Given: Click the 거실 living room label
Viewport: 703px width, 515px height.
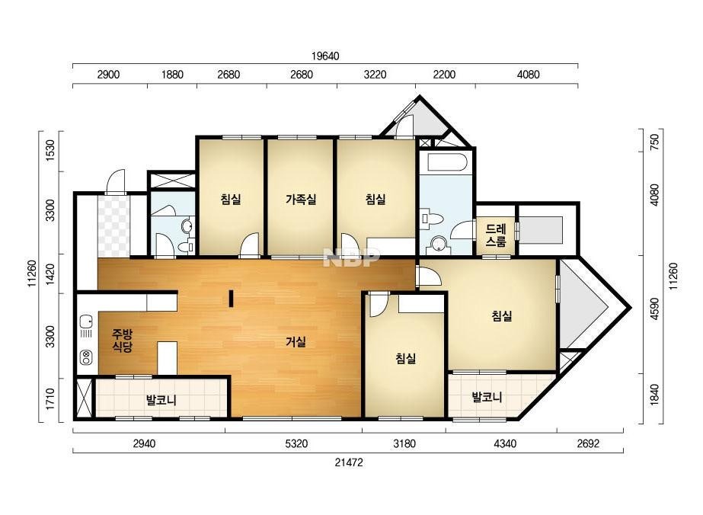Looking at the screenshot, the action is pyautogui.click(x=296, y=342).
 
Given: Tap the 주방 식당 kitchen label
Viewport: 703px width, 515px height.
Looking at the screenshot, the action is pyautogui.click(x=122, y=340).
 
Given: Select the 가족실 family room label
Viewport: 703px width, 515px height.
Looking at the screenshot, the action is pyautogui.click(x=302, y=199).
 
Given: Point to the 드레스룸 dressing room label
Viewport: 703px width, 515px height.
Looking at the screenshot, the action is pyautogui.click(x=496, y=235).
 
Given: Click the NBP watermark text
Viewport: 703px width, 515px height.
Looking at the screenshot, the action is pyautogui.click(x=352, y=257).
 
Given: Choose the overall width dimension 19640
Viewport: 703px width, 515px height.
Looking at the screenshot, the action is pyautogui.click(x=325, y=56).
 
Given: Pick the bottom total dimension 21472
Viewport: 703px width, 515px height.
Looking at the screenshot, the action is pyautogui.click(x=349, y=462).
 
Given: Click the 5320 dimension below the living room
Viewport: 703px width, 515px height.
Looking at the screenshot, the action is pyautogui.click(x=296, y=443).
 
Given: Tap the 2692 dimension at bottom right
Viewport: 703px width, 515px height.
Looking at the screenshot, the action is pyautogui.click(x=588, y=443).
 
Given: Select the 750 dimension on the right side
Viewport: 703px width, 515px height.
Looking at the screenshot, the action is pyautogui.click(x=654, y=142).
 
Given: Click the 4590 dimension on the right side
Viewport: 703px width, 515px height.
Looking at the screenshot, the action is pyautogui.click(x=654, y=309).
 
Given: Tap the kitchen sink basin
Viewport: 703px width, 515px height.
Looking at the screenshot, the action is pyautogui.click(x=85, y=321).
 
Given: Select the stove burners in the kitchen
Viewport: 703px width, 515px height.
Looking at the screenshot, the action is pyautogui.click(x=85, y=357).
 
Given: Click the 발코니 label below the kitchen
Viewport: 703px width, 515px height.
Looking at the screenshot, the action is pyautogui.click(x=161, y=400).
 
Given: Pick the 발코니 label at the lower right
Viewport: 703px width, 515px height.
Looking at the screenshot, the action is pyautogui.click(x=487, y=397).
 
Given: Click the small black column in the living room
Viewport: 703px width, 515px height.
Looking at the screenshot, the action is pyautogui.click(x=231, y=299).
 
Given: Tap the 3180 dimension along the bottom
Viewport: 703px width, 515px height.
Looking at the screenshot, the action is pyautogui.click(x=404, y=443).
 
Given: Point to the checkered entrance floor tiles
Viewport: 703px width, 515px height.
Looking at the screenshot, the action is pyautogui.click(x=114, y=226).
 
